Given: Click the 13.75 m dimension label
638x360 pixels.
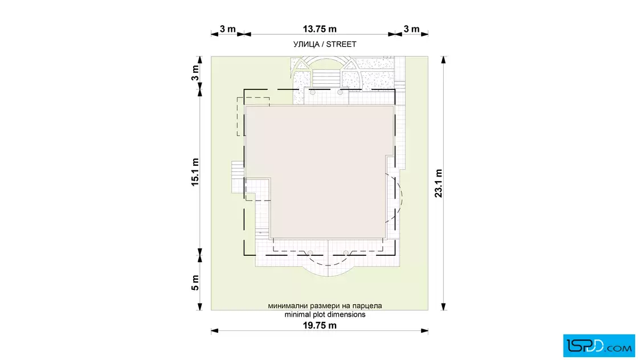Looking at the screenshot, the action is click(x=320, y=29).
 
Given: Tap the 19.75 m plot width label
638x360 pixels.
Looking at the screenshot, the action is click(x=320, y=325).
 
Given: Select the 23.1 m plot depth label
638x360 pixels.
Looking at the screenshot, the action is click(x=438, y=183).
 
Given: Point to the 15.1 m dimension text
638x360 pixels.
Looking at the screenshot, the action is click(x=195, y=172).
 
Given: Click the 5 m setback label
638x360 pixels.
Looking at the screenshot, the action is click(x=195, y=283).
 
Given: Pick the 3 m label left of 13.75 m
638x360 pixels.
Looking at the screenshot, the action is click(x=227, y=29).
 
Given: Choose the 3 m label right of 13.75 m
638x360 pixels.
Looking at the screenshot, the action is click(x=411, y=29).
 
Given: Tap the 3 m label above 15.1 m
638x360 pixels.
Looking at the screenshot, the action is click(x=195, y=73).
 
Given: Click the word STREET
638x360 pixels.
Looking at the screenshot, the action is click(x=341, y=44).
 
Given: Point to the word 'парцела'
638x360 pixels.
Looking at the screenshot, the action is click(x=367, y=305).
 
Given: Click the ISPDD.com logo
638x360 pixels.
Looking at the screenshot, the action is click(x=599, y=346).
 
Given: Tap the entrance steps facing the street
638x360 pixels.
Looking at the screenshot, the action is click(x=326, y=78).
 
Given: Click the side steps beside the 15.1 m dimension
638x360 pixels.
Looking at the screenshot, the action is click(x=237, y=177).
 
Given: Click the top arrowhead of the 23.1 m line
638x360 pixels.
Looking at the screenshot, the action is click(x=444, y=60).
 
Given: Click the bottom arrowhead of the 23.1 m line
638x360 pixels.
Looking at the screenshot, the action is click(x=444, y=306).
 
